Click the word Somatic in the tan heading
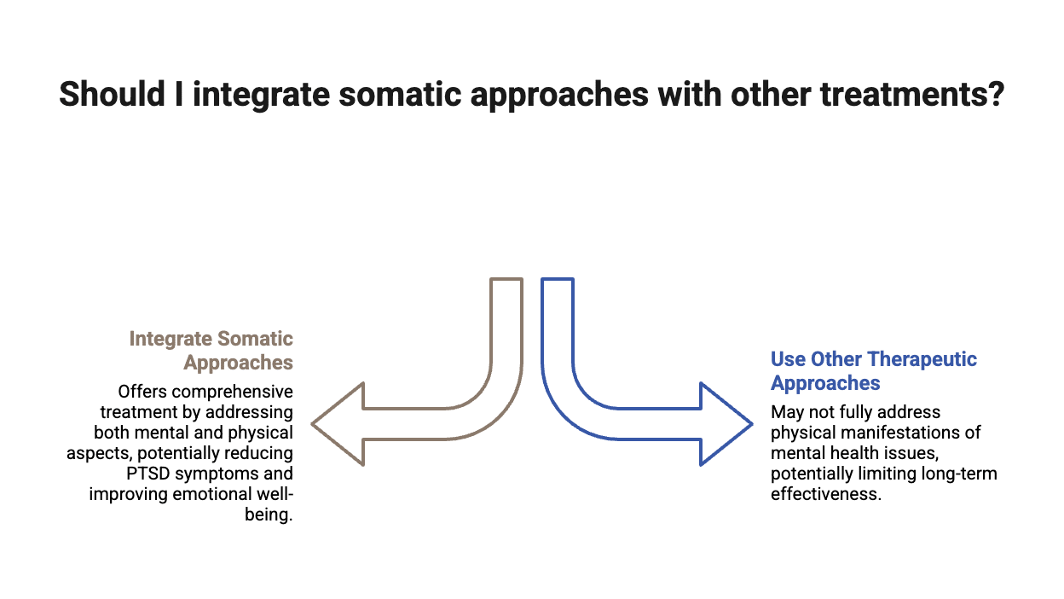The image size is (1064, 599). (255, 339)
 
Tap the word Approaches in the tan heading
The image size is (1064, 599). (239, 363)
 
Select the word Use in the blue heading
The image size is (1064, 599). (786, 359)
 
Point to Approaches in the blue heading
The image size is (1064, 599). (824, 383)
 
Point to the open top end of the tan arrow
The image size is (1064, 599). (506, 280)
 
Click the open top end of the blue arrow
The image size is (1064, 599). (558, 280)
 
